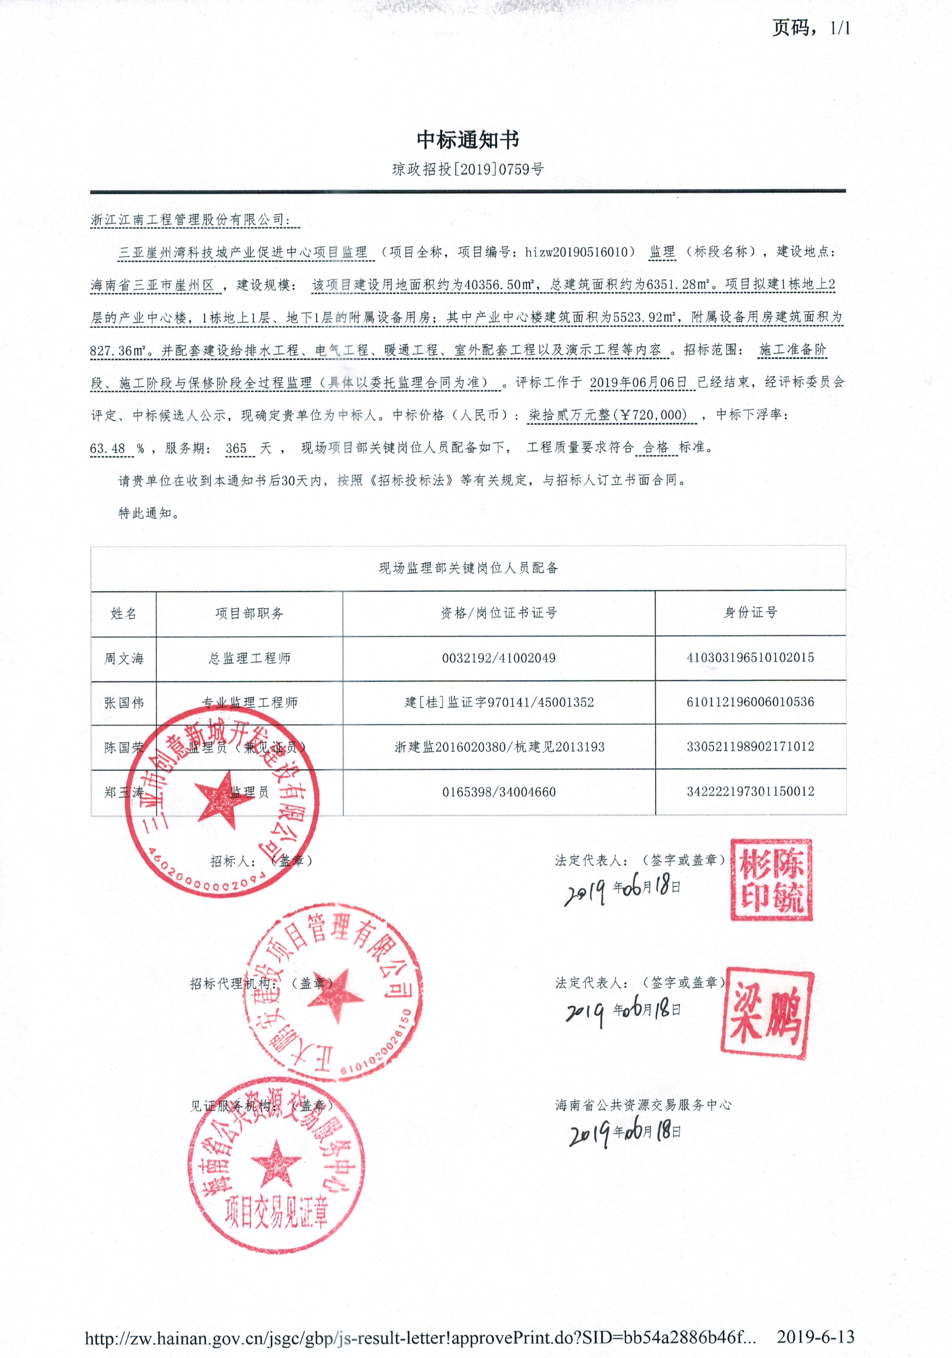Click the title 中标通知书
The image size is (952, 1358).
pos(468,140)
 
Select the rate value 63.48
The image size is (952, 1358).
pos(107,448)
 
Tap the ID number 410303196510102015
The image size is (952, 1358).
pos(750,658)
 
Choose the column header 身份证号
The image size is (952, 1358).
pos(750,613)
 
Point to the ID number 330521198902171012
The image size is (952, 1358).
pos(750,747)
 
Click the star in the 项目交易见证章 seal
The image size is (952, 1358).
pos(275,1164)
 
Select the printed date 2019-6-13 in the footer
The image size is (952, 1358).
pos(815,1337)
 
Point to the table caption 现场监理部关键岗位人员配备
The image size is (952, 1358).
pos(468,568)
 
